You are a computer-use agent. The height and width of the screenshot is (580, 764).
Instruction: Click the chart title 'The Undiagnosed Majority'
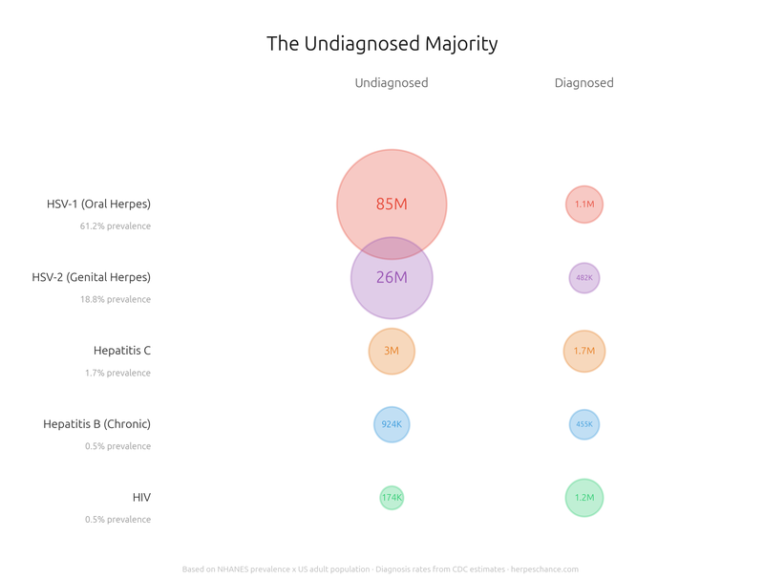click(x=382, y=44)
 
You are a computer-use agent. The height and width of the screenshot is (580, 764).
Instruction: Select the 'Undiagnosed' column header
click(x=392, y=83)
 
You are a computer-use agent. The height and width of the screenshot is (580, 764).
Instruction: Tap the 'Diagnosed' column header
click(x=584, y=83)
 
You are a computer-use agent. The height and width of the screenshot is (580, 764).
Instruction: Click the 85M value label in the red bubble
click(x=392, y=204)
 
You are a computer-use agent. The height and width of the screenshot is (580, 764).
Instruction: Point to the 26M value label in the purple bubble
click(x=392, y=278)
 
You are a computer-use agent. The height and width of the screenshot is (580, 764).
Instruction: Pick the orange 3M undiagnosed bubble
click(x=392, y=351)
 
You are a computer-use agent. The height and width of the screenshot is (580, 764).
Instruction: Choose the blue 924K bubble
click(x=392, y=424)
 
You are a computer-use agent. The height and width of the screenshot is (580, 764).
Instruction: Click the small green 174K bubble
click(x=392, y=498)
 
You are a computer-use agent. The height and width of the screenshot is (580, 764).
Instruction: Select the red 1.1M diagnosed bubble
click(x=584, y=204)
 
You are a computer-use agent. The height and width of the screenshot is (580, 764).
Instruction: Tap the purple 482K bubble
click(x=584, y=278)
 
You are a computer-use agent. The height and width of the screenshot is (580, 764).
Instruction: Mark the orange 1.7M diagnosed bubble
click(x=584, y=351)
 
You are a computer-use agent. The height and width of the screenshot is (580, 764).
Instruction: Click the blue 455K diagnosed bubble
click(x=584, y=424)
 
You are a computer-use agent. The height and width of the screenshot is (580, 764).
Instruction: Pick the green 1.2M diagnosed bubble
click(x=584, y=498)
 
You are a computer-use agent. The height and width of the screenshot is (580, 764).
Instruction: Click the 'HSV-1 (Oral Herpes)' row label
click(x=98, y=204)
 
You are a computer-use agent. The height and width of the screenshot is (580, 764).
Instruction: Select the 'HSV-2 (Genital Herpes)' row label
click(x=92, y=278)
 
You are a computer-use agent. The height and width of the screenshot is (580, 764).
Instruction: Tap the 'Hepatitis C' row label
click(x=122, y=351)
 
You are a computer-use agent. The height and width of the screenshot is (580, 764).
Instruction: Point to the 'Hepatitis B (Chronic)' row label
click(x=96, y=424)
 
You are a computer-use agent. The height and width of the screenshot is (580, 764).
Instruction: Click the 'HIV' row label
click(x=141, y=498)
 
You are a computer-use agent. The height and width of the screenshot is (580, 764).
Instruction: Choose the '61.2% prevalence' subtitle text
click(x=116, y=226)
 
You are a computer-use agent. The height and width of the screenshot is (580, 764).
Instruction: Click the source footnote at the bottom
click(x=380, y=569)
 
